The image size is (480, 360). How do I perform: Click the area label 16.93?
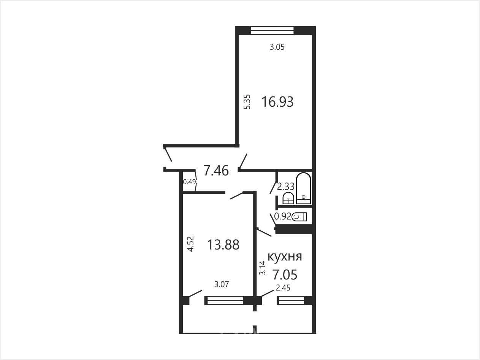pyautogui.click(x=277, y=102)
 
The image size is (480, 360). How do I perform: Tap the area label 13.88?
pyautogui.click(x=223, y=245)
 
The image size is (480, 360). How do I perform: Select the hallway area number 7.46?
pyautogui.click(x=216, y=171)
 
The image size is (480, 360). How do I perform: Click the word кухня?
pyautogui.click(x=285, y=256)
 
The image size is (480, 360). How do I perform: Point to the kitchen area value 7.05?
pyautogui.click(x=285, y=275)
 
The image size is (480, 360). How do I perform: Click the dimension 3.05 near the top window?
pyautogui.click(x=277, y=47)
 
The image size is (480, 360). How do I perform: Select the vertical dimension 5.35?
pyautogui.click(x=247, y=102)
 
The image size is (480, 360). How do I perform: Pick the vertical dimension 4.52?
pyautogui.click(x=191, y=244)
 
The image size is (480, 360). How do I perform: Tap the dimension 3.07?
pyautogui.click(x=222, y=284)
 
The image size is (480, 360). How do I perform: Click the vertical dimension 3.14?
pyautogui.click(x=262, y=268)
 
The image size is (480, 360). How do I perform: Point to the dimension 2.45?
pyautogui.click(x=283, y=288)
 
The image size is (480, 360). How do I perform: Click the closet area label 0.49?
pyautogui.click(x=189, y=182)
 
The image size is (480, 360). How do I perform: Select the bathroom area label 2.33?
pyautogui.click(x=285, y=187)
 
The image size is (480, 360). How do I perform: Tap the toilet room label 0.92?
pyautogui.click(x=282, y=216)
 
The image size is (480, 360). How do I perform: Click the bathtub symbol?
pyautogui.click(x=304, y=188)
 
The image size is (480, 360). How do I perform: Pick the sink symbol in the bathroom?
pyautogui.click(x=289, y=198)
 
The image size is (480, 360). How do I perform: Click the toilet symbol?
pyautogui.click(x=299, y=217)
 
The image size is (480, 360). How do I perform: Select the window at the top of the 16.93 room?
pyautogui.click(x=272, y=31)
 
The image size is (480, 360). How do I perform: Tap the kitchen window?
pyautogui.click(x=291, y=300)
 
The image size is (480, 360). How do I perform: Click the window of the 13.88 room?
pyautogui.click(x=224, y=300)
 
